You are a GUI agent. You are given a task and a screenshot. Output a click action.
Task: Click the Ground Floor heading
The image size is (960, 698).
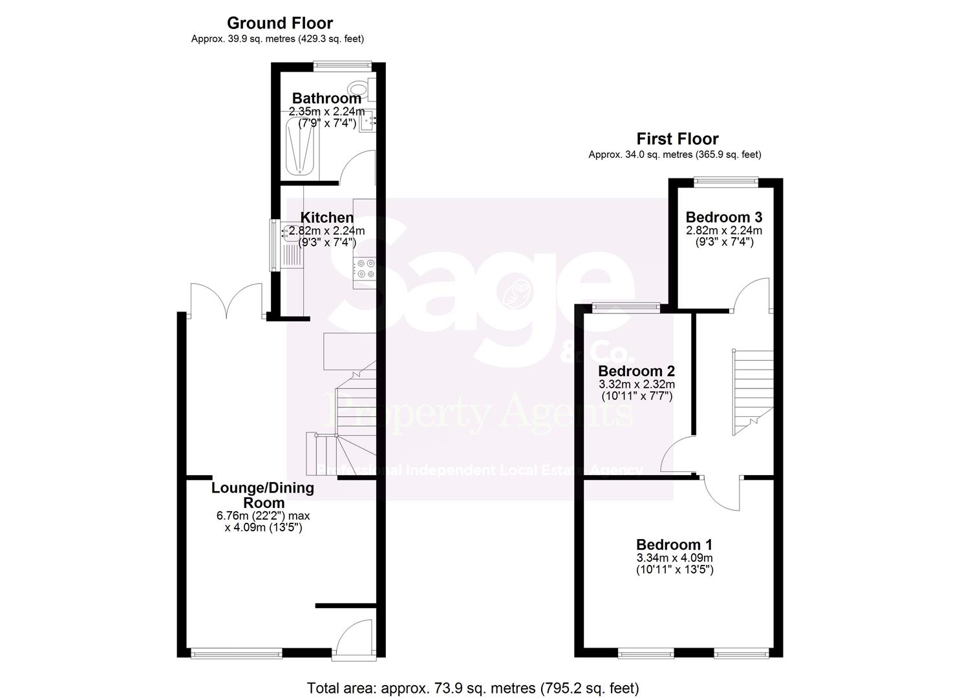[x=279, y=23]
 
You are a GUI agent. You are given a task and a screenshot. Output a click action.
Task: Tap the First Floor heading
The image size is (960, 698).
[x=677, y=139]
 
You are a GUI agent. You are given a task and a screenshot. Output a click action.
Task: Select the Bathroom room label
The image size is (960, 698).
[x=326, y=99]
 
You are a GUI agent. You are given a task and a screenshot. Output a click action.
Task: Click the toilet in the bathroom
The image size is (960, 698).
[x=358, y=89]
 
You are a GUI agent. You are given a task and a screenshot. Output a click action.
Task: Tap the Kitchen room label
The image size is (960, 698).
[x=326, y=218]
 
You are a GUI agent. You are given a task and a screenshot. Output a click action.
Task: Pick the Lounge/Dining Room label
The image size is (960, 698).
[x=262, y=495]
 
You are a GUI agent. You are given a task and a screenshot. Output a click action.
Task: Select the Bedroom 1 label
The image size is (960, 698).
[x=674, y=545]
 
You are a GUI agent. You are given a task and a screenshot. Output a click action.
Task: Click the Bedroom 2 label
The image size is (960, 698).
[x=636, y=371]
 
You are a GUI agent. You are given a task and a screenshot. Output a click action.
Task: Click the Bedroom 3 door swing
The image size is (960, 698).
[x=751, y=295]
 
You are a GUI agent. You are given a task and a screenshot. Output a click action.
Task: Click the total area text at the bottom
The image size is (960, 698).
[x=473, y=688]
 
